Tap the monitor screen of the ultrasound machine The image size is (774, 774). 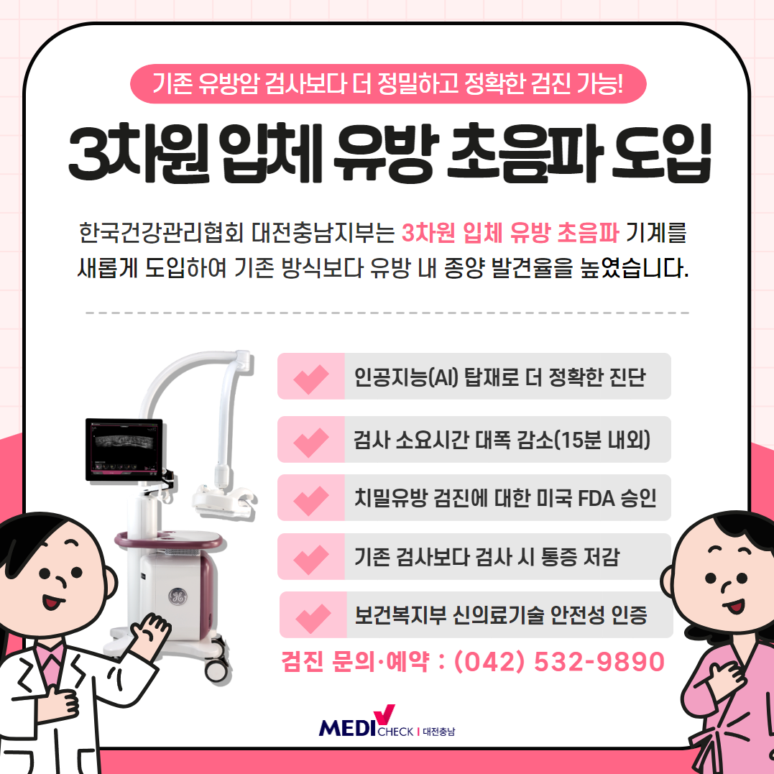click(x=124, y=449)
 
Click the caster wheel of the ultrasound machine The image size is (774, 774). click(x=216, y=669)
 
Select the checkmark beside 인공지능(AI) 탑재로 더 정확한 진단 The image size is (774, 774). click(x=311, y=379)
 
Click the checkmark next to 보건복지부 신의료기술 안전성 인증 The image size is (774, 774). click(x=313, y=618)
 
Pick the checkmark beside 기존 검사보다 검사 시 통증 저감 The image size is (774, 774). click(x=311, y=560)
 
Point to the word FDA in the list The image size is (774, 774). click(x=596, y=499)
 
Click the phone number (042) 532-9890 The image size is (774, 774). click(x=559, y=661)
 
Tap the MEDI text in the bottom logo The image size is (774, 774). click(x=348, y=728)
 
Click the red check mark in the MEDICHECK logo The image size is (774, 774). click(x=384, y=714)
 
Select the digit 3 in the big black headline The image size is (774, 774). click(x=89, y=153)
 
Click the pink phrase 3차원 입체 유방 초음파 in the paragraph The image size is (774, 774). click(x=510, y=233)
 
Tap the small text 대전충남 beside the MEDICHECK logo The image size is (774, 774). click(x=439, y=732)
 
